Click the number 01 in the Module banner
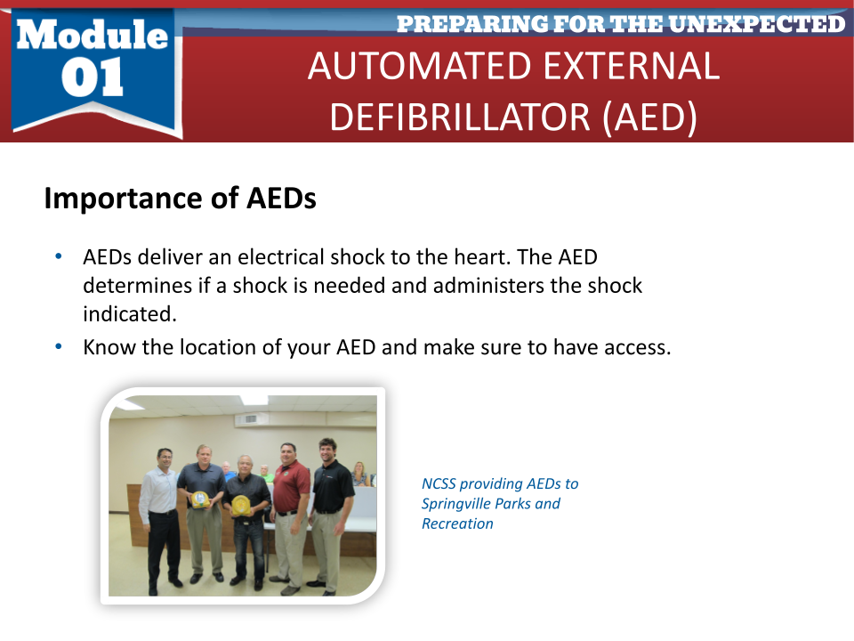pyautogui.click(x=92, y=77)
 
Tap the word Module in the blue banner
pyautogui.click(x=92, y=35)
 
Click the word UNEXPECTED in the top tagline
pyautogui.click(x=756, y=23)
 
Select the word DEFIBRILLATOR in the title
pyautogui.click(x=460, y=117)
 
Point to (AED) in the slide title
pyautogui.click(x=649, y=118)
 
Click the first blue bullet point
pyautogui.click(x=59, y=256)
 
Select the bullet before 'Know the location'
pyautogui.click(x=59, y=346)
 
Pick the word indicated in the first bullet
pyautogui.click(x=130, y=314)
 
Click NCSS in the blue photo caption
pyautogui.click(x=439, y=483)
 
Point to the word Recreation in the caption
pyautogui.click(x=457, y=523)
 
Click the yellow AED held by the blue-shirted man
pyautogui.click(x=201, y=500)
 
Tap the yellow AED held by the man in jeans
pyautogui.click(x=240, y=505)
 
